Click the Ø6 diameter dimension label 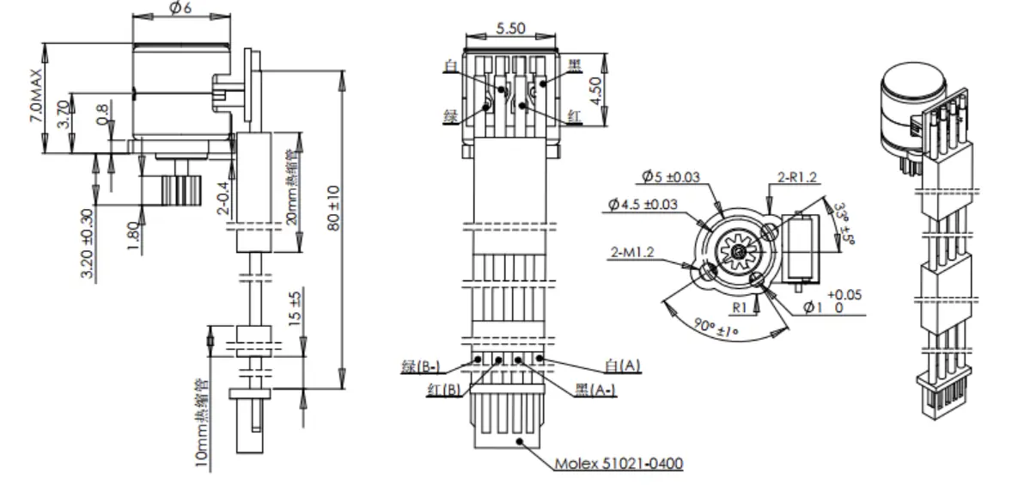180,8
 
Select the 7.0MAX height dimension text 35,95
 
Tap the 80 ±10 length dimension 332,208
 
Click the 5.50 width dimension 510,28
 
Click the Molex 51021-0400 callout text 619,464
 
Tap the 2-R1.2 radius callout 796,178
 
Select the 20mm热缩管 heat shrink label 293,193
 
